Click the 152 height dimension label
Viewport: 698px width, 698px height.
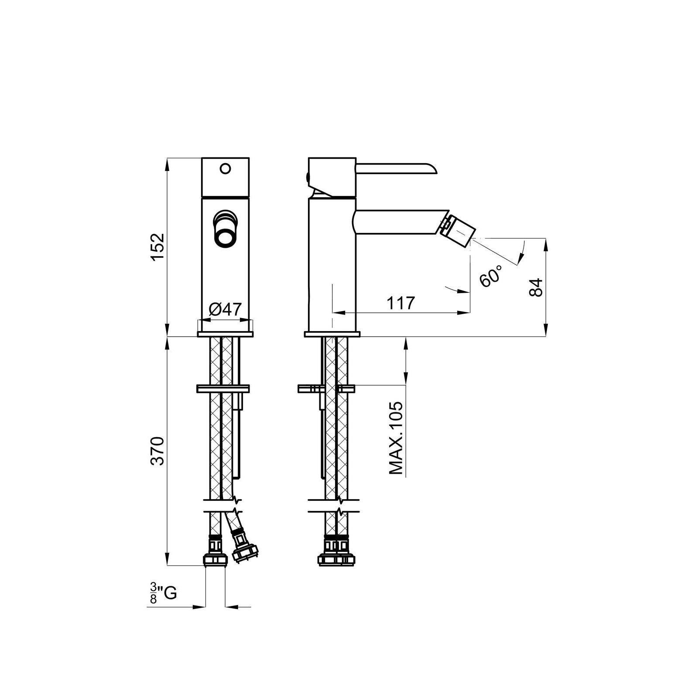point(157,247)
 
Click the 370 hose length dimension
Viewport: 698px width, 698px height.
point(157,451)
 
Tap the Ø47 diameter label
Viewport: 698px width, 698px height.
point(225,309)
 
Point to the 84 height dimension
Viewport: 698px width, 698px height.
point(536,287)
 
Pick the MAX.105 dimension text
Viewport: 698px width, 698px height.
point(396,438)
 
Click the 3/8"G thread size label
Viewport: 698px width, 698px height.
point(162,594)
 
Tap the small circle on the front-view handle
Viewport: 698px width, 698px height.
point(225,168)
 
